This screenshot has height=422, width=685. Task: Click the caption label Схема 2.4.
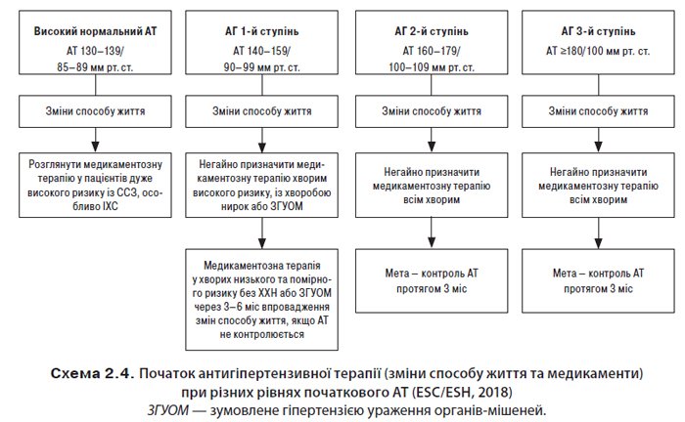click(95, 374)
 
